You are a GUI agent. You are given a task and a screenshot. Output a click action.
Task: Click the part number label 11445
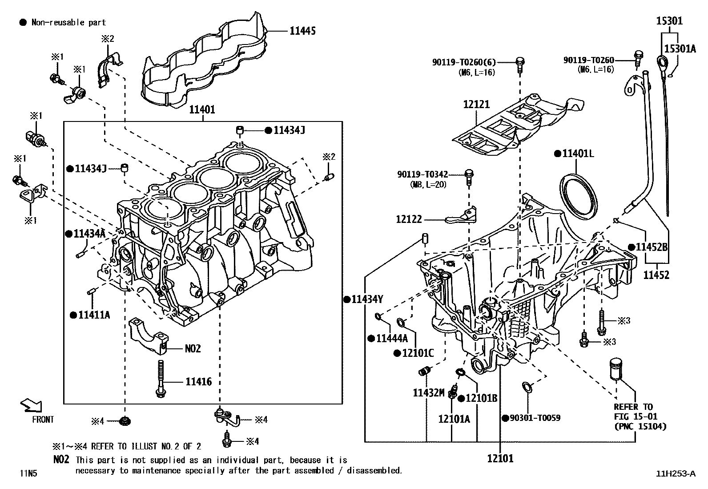click(303, 31)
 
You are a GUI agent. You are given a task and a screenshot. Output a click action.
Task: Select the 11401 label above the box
click(202, 109)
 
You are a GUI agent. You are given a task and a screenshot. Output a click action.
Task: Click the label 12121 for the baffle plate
click(476, 105)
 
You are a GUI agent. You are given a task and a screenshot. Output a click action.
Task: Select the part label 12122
click(409, 219)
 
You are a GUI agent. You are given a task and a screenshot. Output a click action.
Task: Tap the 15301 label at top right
click(670, 21)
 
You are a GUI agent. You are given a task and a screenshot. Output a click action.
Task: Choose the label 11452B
click(652, 247)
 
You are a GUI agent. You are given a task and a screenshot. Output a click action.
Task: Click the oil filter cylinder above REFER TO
click(615, 368)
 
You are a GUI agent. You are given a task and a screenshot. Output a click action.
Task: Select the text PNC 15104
click(640, 426)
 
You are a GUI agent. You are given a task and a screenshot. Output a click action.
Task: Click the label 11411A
click(94, 315)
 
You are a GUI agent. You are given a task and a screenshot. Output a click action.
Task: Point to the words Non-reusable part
click(68, 22)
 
